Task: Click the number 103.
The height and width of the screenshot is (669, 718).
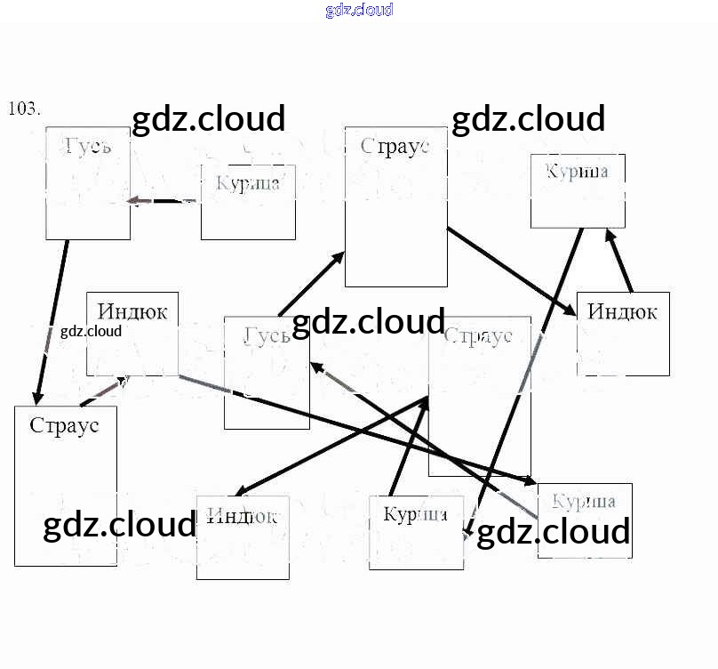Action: click(24, 109)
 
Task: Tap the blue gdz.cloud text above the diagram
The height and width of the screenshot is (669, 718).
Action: click(359, 11)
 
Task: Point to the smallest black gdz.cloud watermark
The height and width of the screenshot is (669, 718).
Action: click(91, 332)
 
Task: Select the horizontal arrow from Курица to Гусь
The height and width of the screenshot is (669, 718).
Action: click(163, 201)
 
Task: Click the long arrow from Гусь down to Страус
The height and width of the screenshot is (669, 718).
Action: click(52, 320)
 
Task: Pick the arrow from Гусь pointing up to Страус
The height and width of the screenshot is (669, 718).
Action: click(311, 284)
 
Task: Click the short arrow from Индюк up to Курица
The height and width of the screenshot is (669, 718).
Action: click(619, 260)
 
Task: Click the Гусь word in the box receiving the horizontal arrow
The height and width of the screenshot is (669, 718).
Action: click(88, 145)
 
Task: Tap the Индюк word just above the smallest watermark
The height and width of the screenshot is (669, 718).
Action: click(132, 311)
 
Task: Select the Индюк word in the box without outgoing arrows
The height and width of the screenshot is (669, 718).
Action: click(242, 515)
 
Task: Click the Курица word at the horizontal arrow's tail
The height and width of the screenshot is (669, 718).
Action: click(248, 183)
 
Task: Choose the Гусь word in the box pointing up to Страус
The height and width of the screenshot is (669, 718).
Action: click(267, 335)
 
